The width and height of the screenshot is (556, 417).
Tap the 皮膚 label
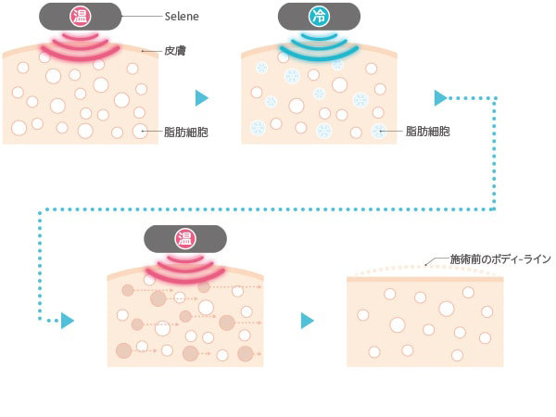pyautogui.click(x=175, y=50)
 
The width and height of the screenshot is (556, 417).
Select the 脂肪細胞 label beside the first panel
pyautogui.click(x=184, y=132)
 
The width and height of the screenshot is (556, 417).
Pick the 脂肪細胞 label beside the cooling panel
pyautogui.click(x=428, y=132)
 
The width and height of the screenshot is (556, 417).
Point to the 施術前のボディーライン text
pyautogui.click(x=499, y=260)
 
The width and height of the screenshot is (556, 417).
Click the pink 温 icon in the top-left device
pyautogui.click(x=81, y=17)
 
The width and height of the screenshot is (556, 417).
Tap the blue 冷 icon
pyautogui.click(x=319, y=17)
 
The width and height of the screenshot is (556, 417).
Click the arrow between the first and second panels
pyautogui.click(x=202, y=97)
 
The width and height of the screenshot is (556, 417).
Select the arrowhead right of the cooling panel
pyautogui.click(x=442, y=96)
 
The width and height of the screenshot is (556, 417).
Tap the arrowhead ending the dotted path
pyautogui.click(x=67, y=321)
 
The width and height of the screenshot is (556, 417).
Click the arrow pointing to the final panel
pyautogui.click(x=308, y=321)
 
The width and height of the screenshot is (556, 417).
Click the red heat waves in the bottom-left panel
pyautogui.click(x=185, y=269)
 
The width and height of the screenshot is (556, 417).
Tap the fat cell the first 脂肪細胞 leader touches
pyautogui.click(x=140, y=132)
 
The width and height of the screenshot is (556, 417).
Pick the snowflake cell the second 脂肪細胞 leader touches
pyautogui.click(x=378, y=132)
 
